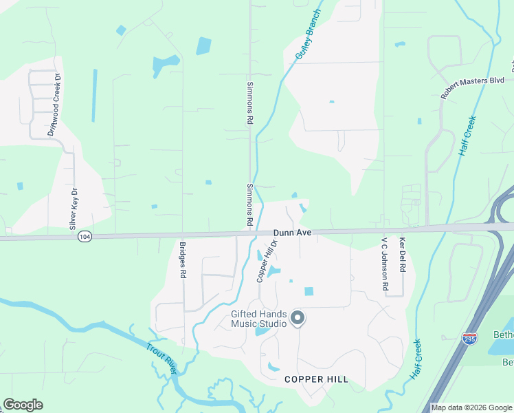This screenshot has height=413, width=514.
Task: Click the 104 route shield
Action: tap(84, 235)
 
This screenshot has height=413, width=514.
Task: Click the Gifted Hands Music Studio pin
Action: tap(298, 317)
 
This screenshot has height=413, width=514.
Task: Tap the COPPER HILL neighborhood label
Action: tap(316, 379)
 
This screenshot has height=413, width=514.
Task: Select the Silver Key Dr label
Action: tap(74, 209)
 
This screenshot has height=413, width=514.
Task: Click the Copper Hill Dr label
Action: tap(267, 261)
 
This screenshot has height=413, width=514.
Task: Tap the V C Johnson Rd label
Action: tap(385, 264)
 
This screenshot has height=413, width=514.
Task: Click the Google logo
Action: tap(23, 405)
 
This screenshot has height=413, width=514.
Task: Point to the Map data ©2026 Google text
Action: tap(472, 407)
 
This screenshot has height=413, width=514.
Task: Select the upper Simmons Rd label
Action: tap(249, 104)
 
